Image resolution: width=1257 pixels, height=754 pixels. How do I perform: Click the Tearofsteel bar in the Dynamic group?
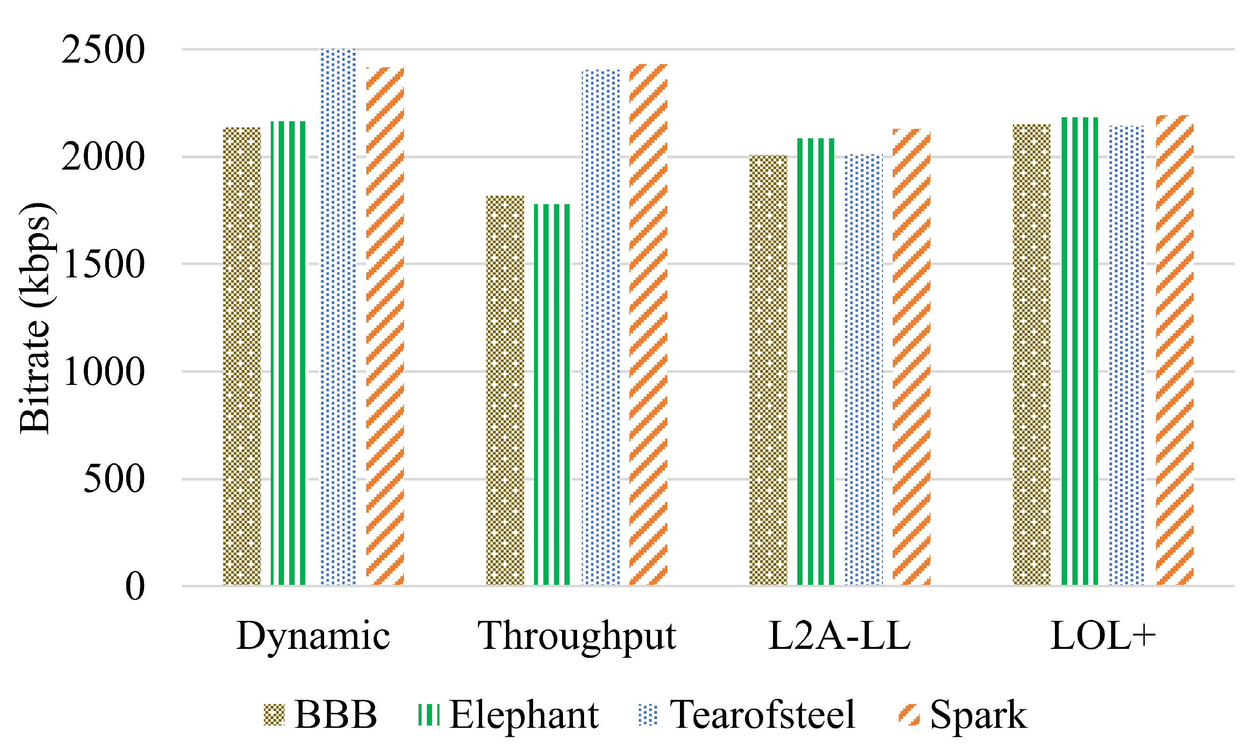pos(338,318)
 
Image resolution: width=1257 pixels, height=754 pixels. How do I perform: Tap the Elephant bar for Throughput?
pos(552,395)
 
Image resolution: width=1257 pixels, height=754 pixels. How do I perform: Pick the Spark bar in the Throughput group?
pos(648,325)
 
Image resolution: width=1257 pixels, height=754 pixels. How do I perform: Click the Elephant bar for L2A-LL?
pos(816,362)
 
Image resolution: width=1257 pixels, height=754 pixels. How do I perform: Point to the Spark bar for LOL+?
pos(1175,350)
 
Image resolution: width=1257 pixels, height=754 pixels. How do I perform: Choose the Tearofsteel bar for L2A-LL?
pos(863,370)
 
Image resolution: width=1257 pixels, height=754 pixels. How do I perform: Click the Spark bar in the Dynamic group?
pos(385,327)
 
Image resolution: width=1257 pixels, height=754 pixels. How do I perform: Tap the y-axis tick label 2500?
pos(103,50)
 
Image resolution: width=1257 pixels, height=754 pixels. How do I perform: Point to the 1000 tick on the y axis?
pos(103,372)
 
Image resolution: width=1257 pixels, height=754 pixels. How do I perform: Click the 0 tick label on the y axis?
pos(135,586)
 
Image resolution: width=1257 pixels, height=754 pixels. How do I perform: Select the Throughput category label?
pos(577,636)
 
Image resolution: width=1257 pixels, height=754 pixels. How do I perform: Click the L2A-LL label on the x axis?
pos(839,636)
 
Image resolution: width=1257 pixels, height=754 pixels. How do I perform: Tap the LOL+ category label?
pos(1102,636)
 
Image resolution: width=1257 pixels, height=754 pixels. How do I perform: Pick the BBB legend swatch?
pos(274,714)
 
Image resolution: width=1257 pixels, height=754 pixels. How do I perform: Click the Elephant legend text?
pos(523,714)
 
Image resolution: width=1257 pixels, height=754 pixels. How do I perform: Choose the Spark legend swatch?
pos(909,714)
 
